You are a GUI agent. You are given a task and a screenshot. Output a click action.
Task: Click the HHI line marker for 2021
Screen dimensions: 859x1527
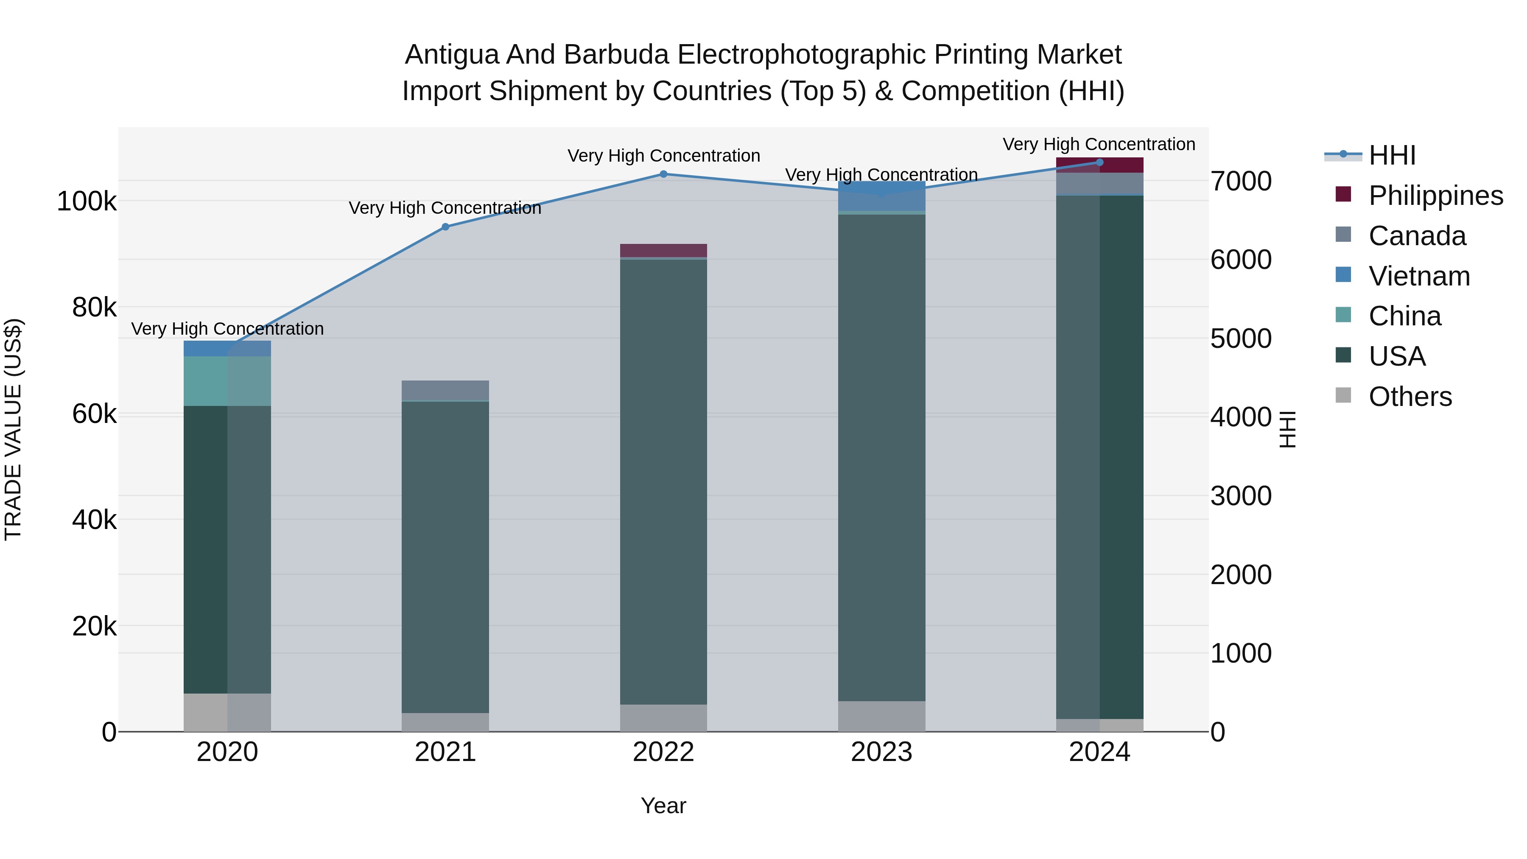(445, 227)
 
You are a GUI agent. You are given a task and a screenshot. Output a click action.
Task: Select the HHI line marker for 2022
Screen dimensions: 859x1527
(663, 174)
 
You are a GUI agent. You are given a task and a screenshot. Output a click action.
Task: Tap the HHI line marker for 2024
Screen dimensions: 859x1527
(1099, 162)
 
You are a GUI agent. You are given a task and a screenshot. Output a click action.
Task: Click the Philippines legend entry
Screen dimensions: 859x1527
(1435, 196)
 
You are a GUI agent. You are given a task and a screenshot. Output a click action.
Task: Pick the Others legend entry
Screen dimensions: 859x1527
(1410, 397)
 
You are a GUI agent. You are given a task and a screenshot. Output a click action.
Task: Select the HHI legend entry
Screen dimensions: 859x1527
(1392, 155)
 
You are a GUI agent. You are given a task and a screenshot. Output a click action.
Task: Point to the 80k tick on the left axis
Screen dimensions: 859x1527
(94, 308)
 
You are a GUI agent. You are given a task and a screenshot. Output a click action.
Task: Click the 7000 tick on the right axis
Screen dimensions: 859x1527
(1241, 182)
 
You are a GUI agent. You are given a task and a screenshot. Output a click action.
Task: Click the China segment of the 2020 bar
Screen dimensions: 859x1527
(227, 381)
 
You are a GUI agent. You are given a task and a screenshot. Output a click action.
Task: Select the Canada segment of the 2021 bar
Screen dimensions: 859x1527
(445, 391)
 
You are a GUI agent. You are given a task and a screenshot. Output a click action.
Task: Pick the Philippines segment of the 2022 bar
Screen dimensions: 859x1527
(663, 250)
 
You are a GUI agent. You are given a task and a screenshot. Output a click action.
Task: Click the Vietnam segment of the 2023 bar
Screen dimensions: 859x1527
(881, 197)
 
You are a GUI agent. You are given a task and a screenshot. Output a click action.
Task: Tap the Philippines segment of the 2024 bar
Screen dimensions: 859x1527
(1099, 165)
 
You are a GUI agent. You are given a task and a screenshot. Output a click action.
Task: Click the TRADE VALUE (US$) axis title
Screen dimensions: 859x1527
(13, 429)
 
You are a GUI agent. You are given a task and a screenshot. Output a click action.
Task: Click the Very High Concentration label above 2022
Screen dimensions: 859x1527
(663, 156)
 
